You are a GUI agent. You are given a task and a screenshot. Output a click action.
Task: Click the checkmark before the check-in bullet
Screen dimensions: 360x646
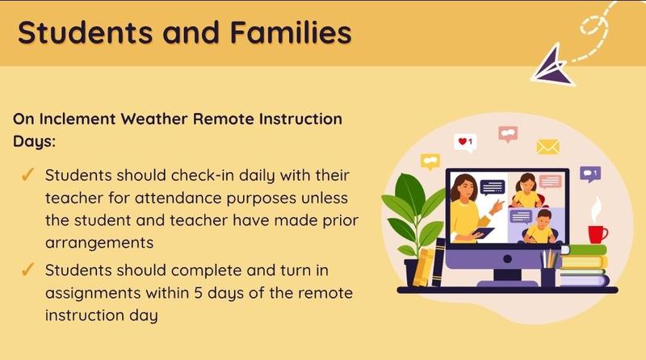26,176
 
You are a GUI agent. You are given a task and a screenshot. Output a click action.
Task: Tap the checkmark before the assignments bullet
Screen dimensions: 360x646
26,270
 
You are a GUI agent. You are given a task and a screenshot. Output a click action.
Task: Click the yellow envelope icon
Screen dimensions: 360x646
548,147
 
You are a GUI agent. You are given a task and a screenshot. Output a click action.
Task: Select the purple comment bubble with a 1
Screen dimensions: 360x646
591,173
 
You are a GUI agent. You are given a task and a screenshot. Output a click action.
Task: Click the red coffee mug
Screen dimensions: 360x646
598,234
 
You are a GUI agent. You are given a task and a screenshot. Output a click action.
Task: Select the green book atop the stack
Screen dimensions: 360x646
584,250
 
